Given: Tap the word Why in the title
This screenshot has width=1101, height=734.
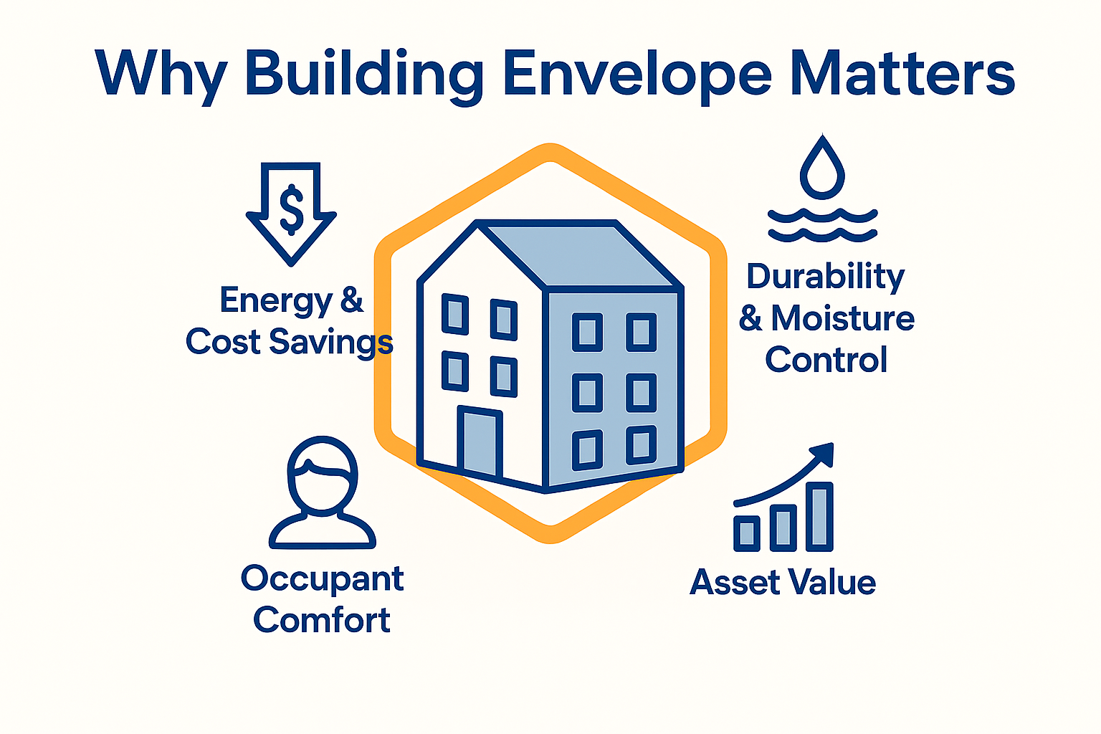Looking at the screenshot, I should click(161, 74).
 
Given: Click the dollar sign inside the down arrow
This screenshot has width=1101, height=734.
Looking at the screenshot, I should click(291, 209).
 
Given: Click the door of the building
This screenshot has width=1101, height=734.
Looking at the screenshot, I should click(480, 442).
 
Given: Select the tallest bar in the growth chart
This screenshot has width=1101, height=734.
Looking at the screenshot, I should click(819, 516).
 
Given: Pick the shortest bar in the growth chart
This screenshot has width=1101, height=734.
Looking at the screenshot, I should click(746, 533).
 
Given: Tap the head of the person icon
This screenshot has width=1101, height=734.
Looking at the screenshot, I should click(322, 474).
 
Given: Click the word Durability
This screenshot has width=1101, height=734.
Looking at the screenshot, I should click(825, 277).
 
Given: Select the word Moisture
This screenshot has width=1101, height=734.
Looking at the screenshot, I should click(842, 318).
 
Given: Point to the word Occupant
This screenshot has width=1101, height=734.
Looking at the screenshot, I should click(322, 579).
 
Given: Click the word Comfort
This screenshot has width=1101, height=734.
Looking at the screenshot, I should click(322, 620).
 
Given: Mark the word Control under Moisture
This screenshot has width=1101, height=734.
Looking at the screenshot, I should click(826, 360).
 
